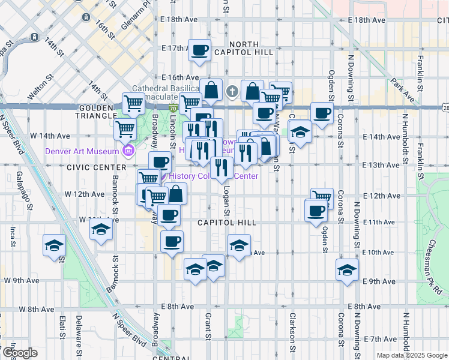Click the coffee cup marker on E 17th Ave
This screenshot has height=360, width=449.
tap(200, 50)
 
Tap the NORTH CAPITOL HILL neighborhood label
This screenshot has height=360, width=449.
tap(244, 50)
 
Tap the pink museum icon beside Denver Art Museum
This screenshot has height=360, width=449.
tap(127, 150)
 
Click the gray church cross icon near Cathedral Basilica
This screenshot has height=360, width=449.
tap(233, 92)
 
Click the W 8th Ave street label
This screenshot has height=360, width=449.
tap(37, 309)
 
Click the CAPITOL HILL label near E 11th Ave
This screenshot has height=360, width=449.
tap(228, 223)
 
